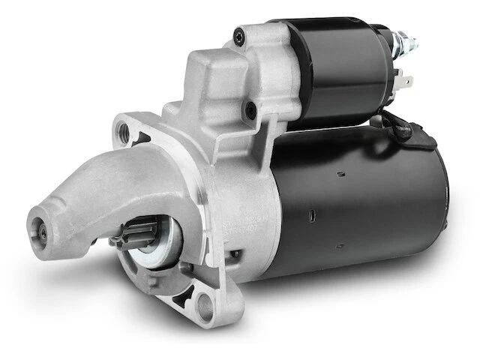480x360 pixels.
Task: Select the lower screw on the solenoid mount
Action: [250, 115]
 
